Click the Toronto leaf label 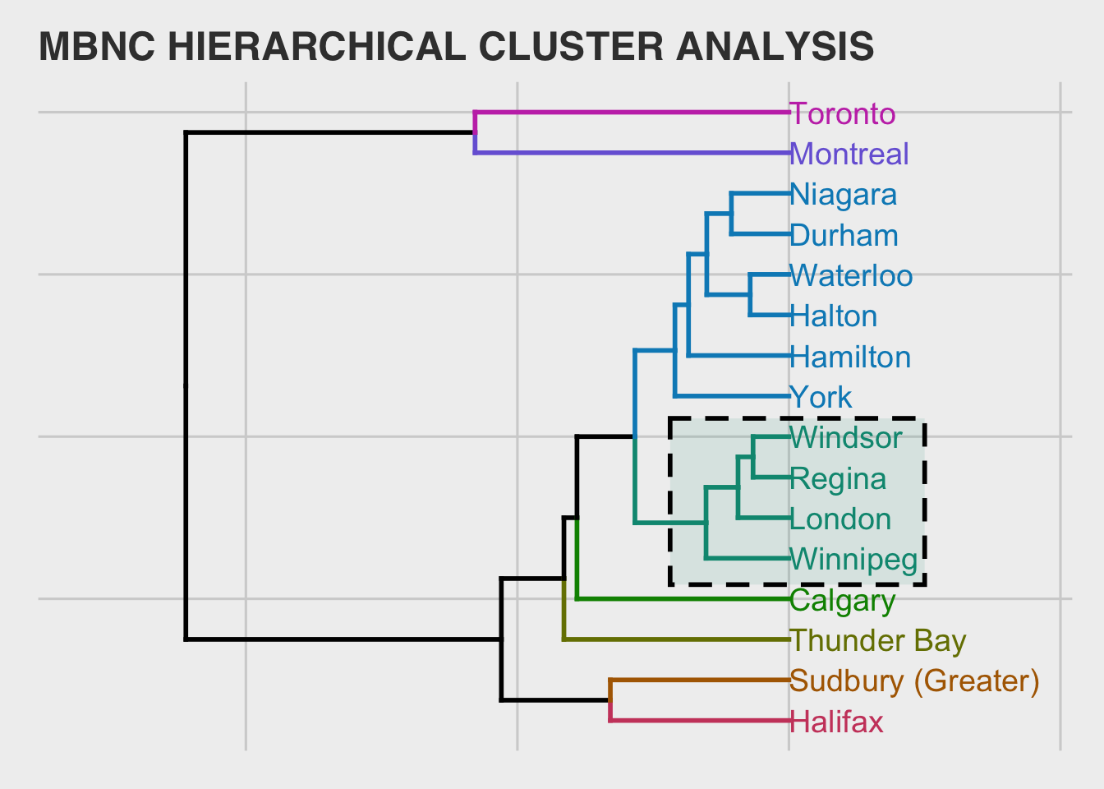[842, 114]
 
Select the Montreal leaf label [849, 154]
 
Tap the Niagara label [844, 196]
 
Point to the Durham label [844, 235]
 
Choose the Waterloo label [851, 275]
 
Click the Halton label [834, 316]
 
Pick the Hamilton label [850, 357]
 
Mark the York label [821, 398]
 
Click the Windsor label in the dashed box [846, 438]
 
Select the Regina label [838, 479]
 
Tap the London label [840, 519]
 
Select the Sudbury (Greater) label [914, 682]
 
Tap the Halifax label [836, 722]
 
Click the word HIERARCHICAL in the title [317, 47]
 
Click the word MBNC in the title [97, 47]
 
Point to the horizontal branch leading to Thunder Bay [677, 639]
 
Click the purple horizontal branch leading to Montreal [632, 153]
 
